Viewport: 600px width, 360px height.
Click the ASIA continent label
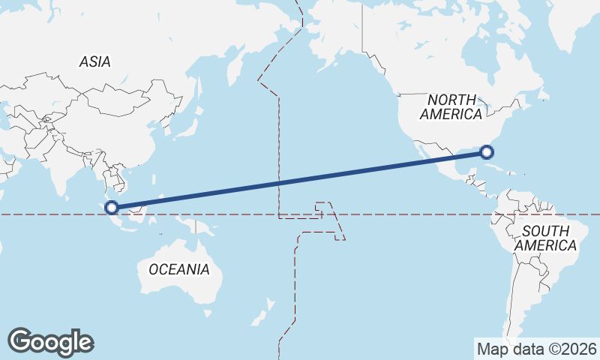coord(94,62)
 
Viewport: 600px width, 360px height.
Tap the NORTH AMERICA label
coord(451,107)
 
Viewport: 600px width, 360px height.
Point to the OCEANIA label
coord(179,269)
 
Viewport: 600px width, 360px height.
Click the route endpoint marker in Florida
coord(487,153)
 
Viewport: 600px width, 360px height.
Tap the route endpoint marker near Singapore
coord(112,208)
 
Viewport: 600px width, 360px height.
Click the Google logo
coord(50,341)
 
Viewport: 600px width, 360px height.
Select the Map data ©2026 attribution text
coord(536,349)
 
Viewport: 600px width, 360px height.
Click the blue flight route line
coord(300,181)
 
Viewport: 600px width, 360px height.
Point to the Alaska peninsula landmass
coord(337,45)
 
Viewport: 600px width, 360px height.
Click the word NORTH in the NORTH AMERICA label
coord(451,100)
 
